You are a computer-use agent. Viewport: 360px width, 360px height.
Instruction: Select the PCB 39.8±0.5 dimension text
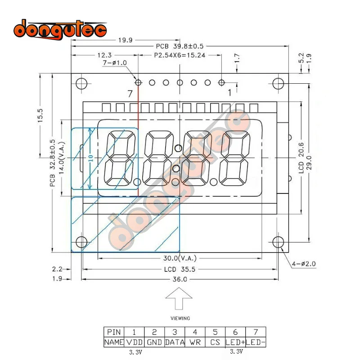point(179,46)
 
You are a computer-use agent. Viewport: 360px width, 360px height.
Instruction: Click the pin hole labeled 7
point(138,82)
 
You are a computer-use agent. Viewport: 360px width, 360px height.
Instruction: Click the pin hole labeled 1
point(222,82)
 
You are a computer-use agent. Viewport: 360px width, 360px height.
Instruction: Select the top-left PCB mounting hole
point(81,84)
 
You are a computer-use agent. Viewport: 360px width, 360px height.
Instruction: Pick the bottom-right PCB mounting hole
point(278,242)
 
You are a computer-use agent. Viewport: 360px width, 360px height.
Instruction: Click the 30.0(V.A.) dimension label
point(179,258)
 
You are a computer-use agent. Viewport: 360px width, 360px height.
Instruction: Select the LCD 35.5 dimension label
point(179,269)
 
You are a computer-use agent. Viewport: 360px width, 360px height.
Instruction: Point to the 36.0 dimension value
point(179,279)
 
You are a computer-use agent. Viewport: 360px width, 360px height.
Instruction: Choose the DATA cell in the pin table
point(175,342)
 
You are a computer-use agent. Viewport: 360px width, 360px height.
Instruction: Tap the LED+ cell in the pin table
point(235,342)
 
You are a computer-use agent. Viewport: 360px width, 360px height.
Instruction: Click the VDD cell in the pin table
point(134,342)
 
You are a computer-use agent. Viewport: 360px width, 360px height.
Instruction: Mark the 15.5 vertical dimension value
point(40,115)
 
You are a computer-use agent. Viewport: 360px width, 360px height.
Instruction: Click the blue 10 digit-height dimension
point(90,158)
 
